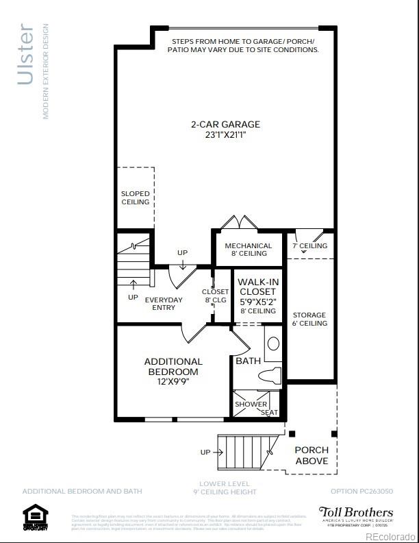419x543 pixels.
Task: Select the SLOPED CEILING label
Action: [135, 198]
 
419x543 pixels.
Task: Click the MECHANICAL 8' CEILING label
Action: [249, 250]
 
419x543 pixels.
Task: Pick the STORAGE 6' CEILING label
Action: [309, 319]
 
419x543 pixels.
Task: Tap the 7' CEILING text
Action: [310, 245]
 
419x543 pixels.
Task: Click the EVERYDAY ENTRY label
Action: [164, 304]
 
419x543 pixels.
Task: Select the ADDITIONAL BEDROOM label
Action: [173, 366]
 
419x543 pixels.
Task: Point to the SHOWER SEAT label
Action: [256, 407]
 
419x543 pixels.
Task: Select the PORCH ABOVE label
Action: [312, 455]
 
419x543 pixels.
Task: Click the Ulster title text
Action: [26, 55]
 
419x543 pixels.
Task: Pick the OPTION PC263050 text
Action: [361, 492]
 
